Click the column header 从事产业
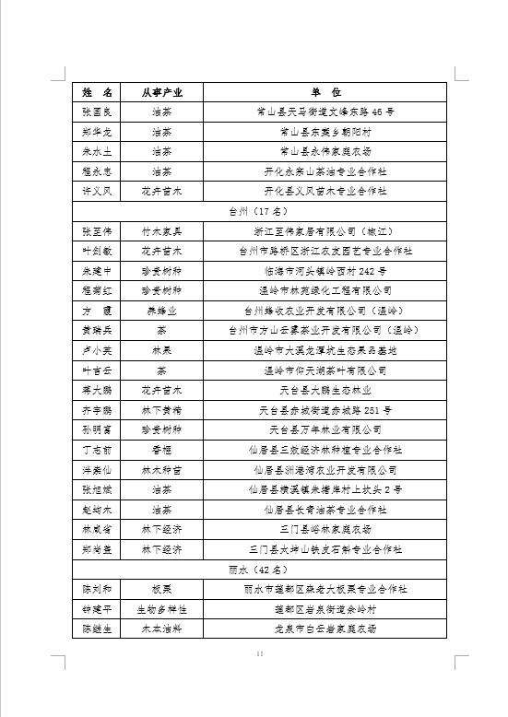pos(161,93)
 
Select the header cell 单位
pos(325,93)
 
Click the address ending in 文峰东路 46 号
pos(325,112)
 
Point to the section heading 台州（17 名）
pos(260,211)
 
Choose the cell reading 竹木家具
pos(161,230)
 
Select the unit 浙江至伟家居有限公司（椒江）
pos(325,230)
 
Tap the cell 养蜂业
pos(161,311)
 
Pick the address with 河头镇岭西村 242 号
pos(325,271)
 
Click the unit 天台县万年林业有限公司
pos(325,429)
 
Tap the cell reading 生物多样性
pos(161,609)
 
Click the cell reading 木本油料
pos(161,629)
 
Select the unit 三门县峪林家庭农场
pos(325,529)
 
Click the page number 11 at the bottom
pos(260,653)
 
